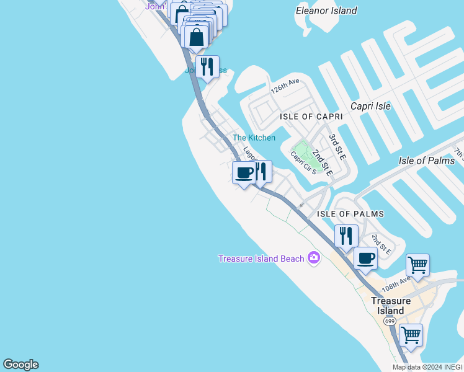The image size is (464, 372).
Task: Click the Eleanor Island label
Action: point(326,11)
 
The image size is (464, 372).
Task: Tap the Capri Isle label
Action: point(370,106)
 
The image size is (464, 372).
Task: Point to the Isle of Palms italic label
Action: point(427,161)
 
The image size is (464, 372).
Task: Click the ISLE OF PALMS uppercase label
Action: point(350,214)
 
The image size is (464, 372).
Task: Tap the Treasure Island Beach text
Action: point(261,259)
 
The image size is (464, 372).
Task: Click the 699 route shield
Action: point(390,321)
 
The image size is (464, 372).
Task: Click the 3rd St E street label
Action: point(337,146)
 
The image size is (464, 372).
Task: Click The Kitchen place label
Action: point(254,138)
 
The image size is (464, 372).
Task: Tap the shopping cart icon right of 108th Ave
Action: point(418,265)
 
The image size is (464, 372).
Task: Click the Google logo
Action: point(20,365)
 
